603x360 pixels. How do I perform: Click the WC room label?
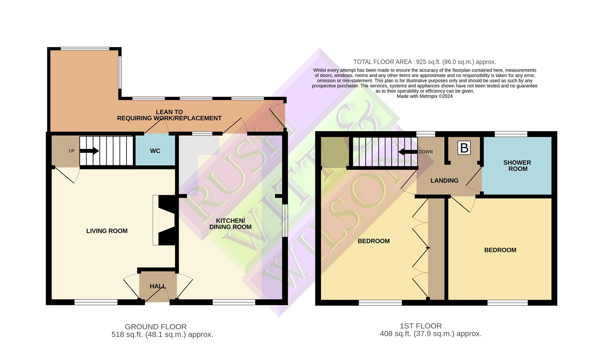click(155, 151)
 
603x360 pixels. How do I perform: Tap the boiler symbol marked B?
click(464, 148)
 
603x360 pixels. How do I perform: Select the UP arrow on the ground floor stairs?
click(89, 151)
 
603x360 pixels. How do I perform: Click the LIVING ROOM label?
click(107, 231)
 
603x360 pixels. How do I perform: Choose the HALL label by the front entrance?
click(158, 286)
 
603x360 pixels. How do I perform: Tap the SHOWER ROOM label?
click(517, 166)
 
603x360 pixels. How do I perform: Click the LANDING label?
click(444, 181)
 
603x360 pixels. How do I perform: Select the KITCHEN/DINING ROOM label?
click(230, 224)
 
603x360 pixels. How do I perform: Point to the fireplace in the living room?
click(164, 220)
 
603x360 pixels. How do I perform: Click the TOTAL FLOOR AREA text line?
click(425, 62)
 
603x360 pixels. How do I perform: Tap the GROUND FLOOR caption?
click(156, 327)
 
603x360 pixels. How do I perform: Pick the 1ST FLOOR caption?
click(421, 326)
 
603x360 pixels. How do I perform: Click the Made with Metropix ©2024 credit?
click(425, 96)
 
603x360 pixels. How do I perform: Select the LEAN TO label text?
click(169, 112)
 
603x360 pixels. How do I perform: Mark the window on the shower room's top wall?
click(511, 134)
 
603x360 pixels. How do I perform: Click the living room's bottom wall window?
click(96, 302)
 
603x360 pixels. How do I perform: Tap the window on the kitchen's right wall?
click(285, 220)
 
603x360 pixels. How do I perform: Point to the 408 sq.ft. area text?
click(431, 334)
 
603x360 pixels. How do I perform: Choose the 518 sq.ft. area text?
click(162, 335)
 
